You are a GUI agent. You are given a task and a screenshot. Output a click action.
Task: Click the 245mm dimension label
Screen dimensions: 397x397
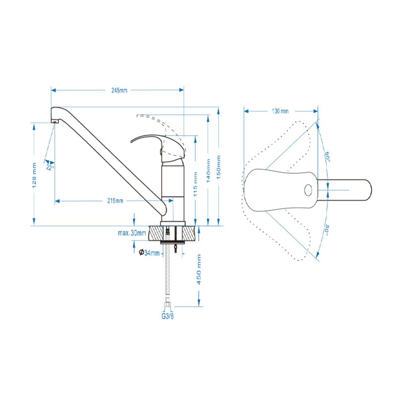pyautogui.click(x=119, y=90)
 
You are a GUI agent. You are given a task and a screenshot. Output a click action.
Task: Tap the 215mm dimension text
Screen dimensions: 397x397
pyautogui.click(x=115, y=201)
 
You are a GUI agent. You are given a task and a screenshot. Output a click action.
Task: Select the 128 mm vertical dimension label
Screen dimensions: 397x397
pyautogui.click(x=34, y=175)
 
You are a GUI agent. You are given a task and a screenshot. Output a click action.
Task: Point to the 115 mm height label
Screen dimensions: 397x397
pyautogui.click(x=195, y=184)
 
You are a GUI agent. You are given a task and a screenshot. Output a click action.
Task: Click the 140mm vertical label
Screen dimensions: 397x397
pyautogui.click(x=208, y=171)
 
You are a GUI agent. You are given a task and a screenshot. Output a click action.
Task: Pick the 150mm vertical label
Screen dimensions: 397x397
pyautogui.click(x=219, y=167)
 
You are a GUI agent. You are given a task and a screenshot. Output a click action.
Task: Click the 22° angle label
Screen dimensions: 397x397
pyautogui.click(x=50, y=168)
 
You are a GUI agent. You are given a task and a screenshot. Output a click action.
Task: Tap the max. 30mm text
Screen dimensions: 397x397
pyautogui.click(x=132, y=233)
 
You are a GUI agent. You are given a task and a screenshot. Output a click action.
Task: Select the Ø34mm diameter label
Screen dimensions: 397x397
pyautogui.click(x=149, y=252)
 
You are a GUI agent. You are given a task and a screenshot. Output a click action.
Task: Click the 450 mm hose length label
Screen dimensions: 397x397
pyautogui.click(x=198, y=270)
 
